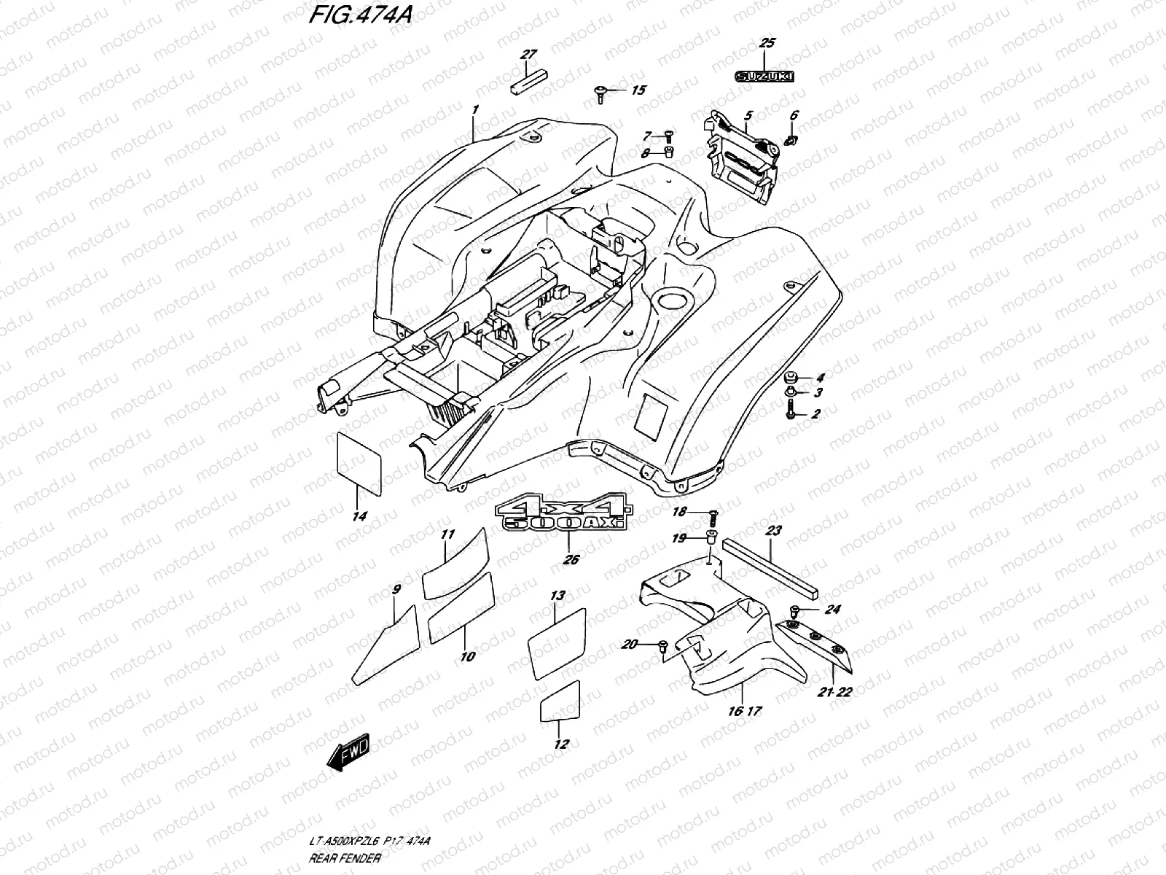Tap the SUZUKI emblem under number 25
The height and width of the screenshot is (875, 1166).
tap(764, 75)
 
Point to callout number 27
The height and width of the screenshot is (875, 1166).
tap(528, 55)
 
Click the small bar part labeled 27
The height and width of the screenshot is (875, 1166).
tap(526, 82)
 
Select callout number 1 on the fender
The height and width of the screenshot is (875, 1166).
tap(474, 110)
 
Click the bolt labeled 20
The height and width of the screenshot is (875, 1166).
tap(662, 645)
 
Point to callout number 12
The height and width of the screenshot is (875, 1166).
tap(561, 744)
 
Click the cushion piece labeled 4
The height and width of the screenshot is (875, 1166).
tap(789, 378)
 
